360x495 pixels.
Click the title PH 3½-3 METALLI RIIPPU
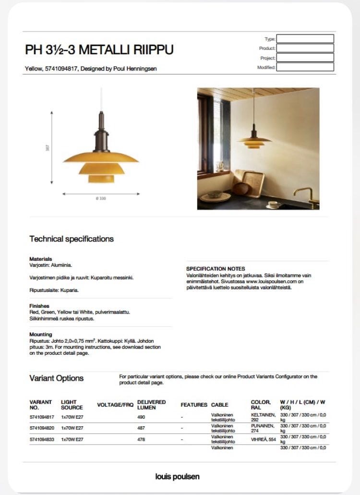(99, 50)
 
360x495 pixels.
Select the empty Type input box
(305, 39)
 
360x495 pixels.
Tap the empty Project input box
(305, 58)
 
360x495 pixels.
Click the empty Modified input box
(305, 67)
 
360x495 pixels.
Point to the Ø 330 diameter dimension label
(101, 198)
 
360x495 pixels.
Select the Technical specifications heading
(72, 239)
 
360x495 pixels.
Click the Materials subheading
(41, 259)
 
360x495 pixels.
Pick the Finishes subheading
(39, 306)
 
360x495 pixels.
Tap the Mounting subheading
(41, 334)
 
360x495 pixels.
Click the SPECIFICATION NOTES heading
(216, 268)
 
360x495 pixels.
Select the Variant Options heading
(56, 378)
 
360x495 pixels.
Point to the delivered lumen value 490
(142, 417)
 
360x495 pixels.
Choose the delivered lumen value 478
(142, 439)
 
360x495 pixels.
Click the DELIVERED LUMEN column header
(152, 405)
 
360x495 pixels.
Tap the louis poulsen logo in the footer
(178, 477)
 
